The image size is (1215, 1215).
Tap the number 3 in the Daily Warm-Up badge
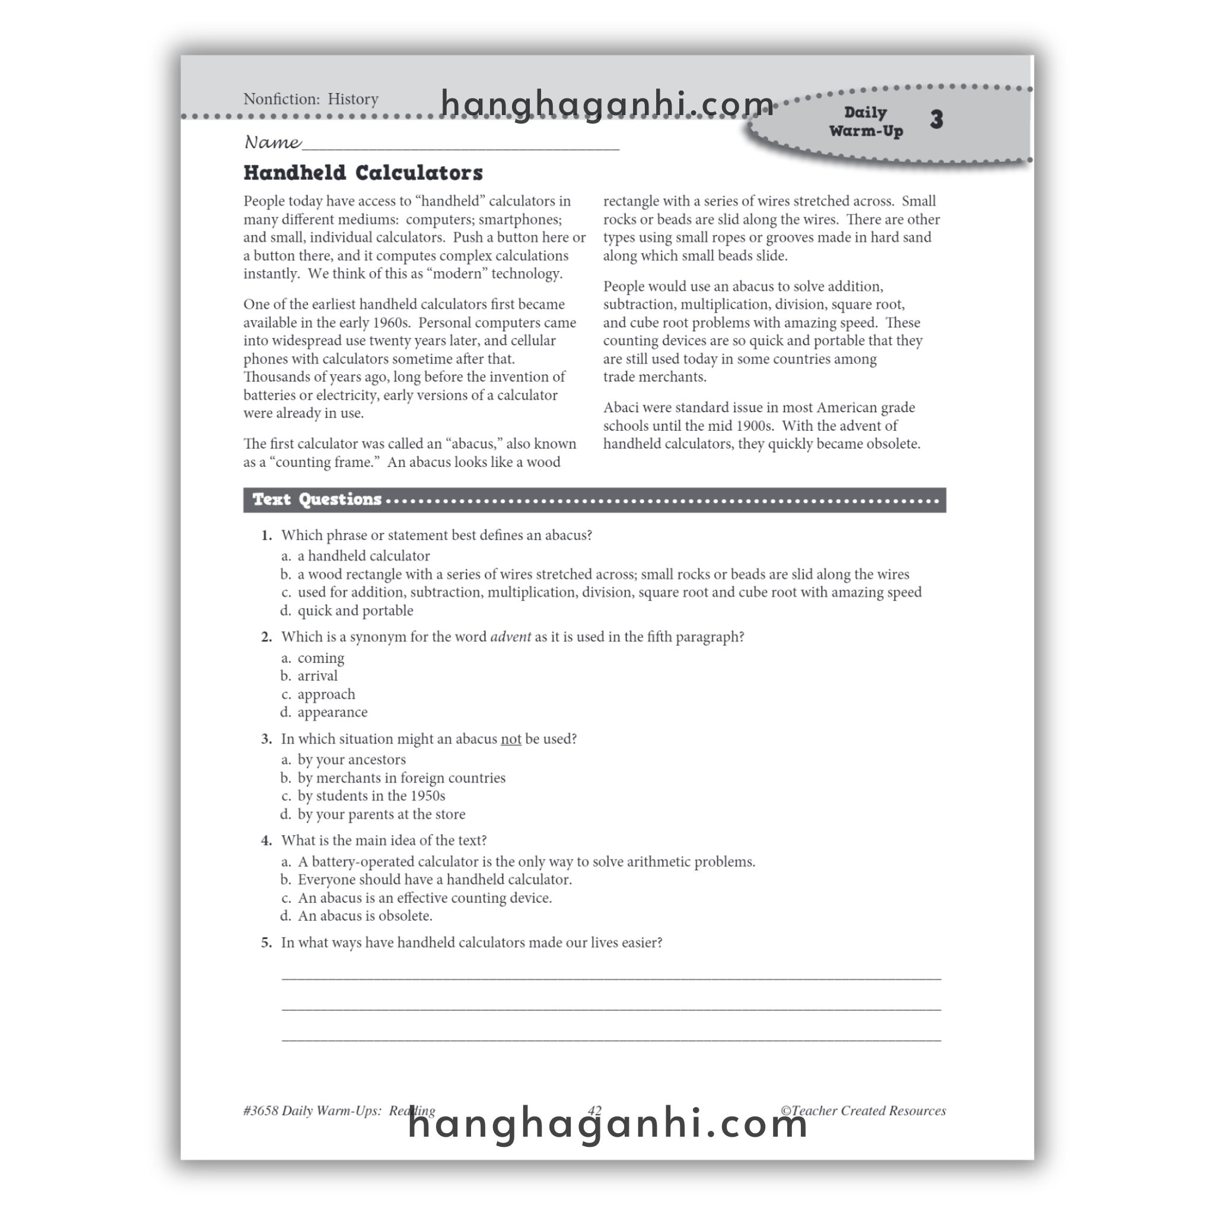pyautogui.click(x=936, y=119)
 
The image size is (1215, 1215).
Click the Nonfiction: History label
pyautogui.click(x=311, y=98)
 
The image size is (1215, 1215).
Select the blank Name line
pyautogui.click(x=460, y=145)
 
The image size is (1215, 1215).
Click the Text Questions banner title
pyautogui.click(x=316, y=500)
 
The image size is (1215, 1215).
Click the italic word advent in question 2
pyautogui.click(x=510, y=637)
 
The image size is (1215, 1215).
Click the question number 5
pyautogui.click(x=266, y=942)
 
